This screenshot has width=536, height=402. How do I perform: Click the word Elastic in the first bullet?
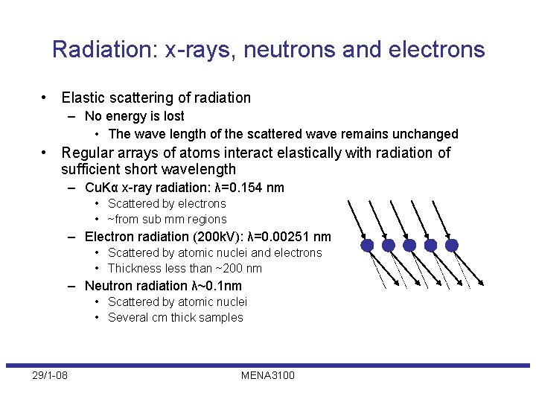pos(83,98)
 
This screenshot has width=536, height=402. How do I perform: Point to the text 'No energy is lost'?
pos(134,116)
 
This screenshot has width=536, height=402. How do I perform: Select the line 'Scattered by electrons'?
pos(167,203)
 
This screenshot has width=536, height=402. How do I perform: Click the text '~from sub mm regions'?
pos(167,219)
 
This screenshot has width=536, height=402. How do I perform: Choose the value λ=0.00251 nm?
pos(289,237)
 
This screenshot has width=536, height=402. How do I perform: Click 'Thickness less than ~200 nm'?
pos(185,268)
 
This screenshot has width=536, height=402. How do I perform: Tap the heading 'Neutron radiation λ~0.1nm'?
pos(163,286)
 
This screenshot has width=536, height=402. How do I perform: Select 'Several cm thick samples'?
pos(175,317)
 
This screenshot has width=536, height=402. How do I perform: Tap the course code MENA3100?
pos(267,375)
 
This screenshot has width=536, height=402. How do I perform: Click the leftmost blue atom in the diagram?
pos(367,245)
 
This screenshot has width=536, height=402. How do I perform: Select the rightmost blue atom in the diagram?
pos(452,245)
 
